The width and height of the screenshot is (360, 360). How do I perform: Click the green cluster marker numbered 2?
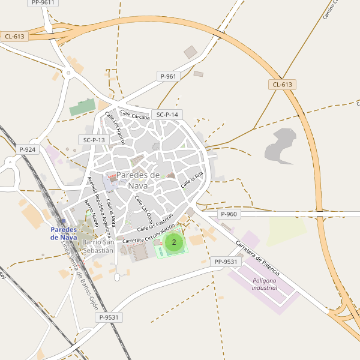[x=174, y=242]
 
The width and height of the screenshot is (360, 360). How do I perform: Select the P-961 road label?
[x=169, y=76]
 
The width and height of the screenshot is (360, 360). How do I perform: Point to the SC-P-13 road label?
[x=94, y=140]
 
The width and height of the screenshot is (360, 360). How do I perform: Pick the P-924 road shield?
[x=28, y=149]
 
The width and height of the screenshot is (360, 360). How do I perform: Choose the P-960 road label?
[x=229, y=214]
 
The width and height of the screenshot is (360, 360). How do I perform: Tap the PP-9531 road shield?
[x=226, y=262]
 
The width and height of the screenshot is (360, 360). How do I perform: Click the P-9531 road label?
[x=110, y=317]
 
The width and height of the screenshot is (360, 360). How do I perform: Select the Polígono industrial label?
[x=264, y=284]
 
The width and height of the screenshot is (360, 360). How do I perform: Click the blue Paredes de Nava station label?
[x=64, y=233]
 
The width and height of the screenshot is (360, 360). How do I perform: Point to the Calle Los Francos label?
[x=115, y=128]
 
